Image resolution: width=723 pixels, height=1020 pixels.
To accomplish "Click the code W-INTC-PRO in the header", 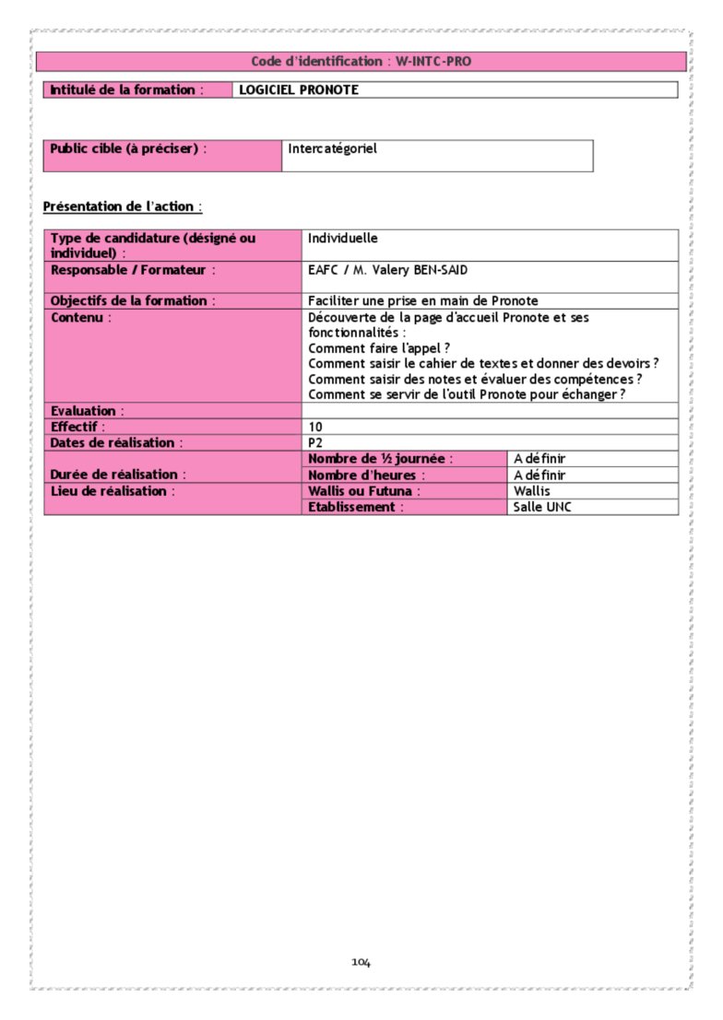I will (x=433, y=62).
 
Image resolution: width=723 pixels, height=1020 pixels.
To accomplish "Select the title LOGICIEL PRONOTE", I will (x=298, y=90).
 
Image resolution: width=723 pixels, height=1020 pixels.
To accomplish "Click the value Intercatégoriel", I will (x=332, y=148).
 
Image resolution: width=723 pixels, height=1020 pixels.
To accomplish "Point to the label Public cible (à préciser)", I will (x=127, y=148).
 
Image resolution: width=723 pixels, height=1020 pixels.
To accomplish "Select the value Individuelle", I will (x=343, y=238).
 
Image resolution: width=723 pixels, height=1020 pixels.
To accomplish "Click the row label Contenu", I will (x=80, y=317).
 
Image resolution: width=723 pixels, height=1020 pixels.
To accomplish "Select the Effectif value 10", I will (x=315, y=427).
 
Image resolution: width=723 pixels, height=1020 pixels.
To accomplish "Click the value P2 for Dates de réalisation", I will (x=315, y=443).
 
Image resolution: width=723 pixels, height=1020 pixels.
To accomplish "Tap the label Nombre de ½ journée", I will (x=380, y=459).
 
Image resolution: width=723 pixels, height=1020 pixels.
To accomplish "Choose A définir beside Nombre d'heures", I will (x=539, y=475).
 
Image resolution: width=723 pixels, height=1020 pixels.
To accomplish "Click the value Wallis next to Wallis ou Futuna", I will (x=531, y=491).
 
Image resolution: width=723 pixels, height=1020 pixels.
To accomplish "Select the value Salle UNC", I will (x=542, y=507).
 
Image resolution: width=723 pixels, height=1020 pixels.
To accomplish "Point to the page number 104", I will (x=361, y=963).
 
